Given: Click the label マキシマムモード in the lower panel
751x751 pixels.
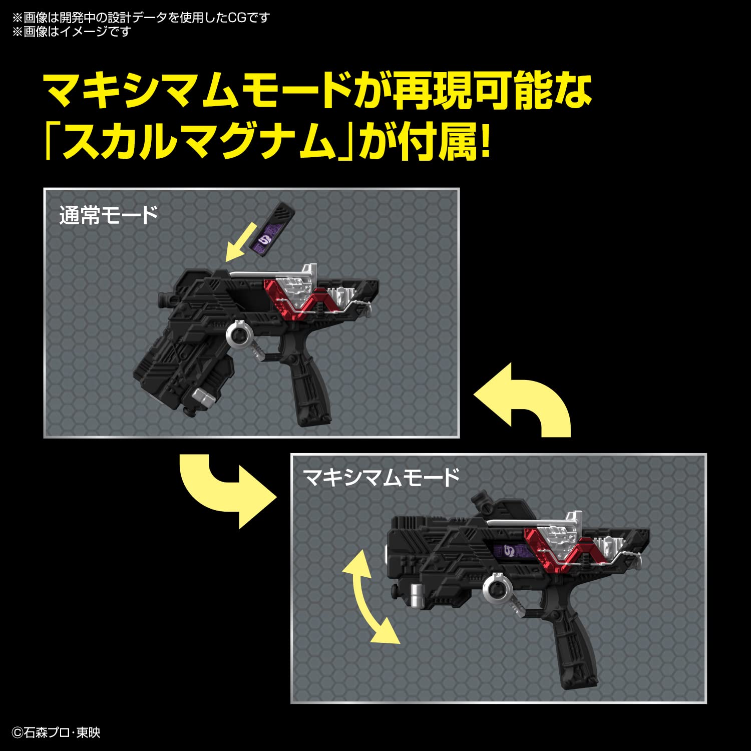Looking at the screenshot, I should [x=381, y=477].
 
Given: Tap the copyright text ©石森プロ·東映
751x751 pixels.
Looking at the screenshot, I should [x=56, y=732].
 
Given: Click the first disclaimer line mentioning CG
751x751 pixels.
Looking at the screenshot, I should [x=141, y=18].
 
